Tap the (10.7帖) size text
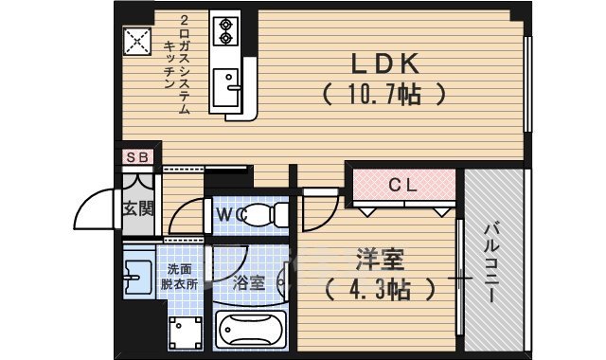pos(383,95)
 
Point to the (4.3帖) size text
pos(378,288)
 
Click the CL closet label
pos(404,186)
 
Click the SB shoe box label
pos(136,157)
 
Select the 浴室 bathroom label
pos(248,282)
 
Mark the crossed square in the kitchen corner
pos(138,41)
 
